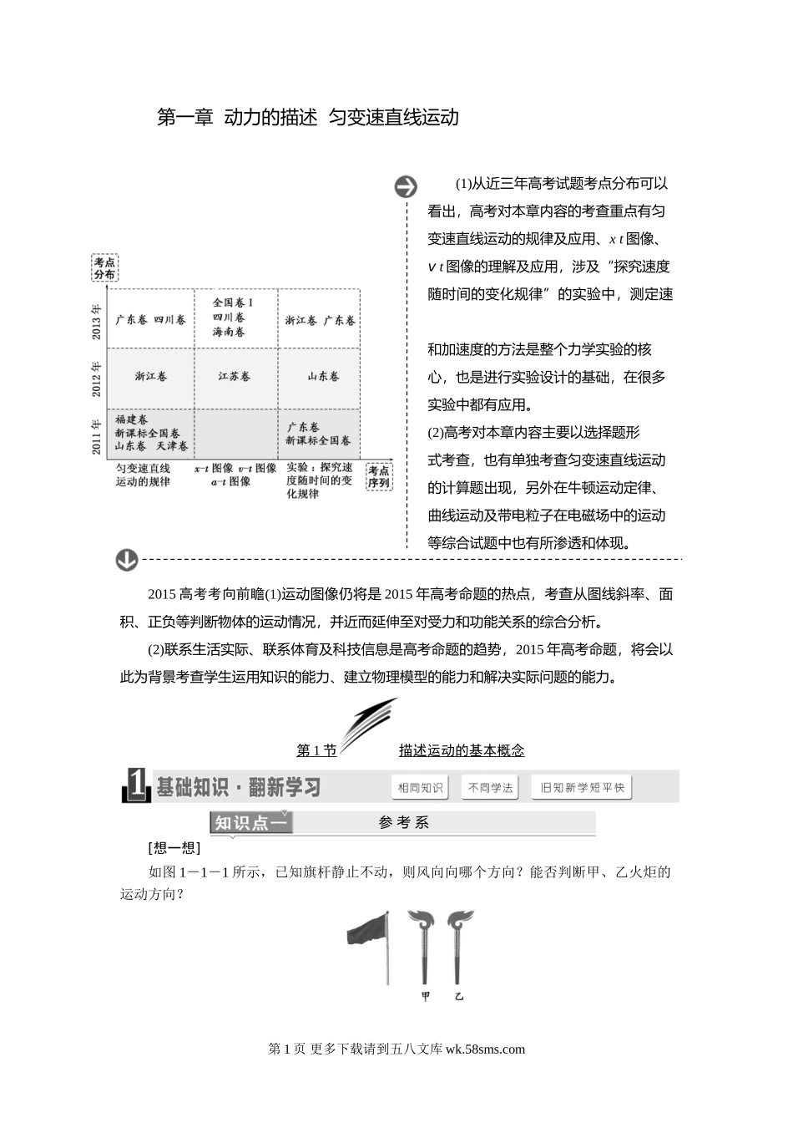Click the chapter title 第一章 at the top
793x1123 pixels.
click(185, 118)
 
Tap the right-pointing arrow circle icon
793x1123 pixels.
click(406, 186)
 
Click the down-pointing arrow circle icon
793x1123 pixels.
click(127, 559)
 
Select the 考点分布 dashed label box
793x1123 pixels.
click(104, 268)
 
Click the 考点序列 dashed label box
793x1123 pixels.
click(379, 477)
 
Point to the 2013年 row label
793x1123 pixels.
click(97, 321)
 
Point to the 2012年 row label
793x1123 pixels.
click(97, 378)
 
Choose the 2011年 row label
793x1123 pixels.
click(97, 434)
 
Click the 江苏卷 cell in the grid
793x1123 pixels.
click(235, 377)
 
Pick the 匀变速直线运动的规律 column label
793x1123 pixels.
click(143, 475)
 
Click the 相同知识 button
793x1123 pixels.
click(420, 787)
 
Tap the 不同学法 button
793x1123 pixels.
click(491, 787)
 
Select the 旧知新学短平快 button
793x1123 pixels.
click(582, 787)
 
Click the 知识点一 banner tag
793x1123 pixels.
click(250, 823)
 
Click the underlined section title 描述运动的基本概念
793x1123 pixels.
click(462, 750)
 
